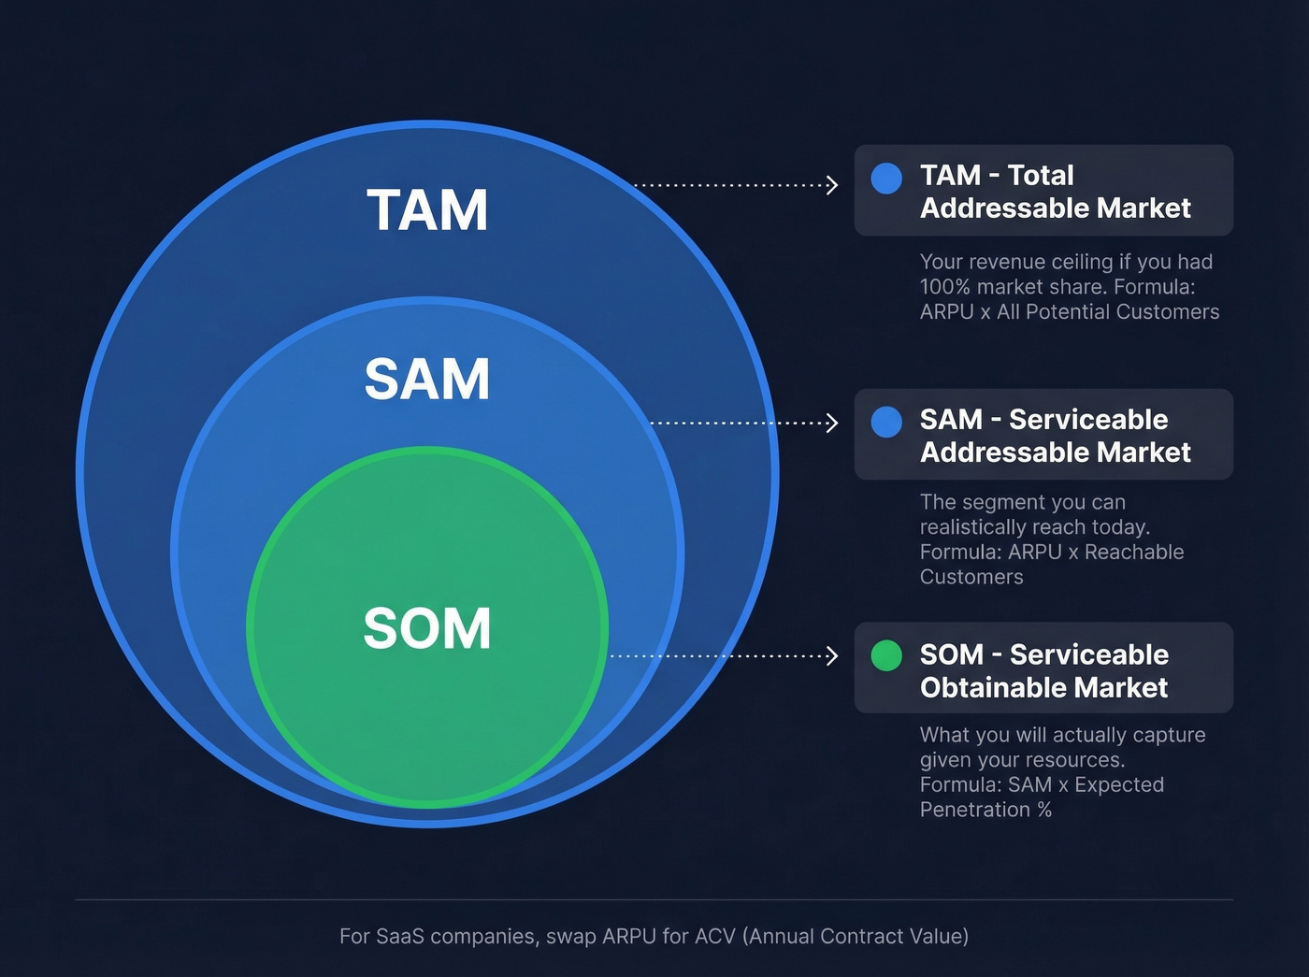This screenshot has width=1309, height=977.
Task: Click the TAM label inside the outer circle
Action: (x=427, y=210)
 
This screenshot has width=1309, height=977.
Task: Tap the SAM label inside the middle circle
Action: (x=427, y=379)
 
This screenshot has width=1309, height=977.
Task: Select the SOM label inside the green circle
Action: (x=427, y=628)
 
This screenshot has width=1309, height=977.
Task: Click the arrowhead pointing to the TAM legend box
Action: (x=831, y=185)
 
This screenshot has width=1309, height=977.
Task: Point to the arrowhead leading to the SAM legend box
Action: (x=831, y=423)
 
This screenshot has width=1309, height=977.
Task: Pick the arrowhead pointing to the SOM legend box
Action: (x=831, y=655)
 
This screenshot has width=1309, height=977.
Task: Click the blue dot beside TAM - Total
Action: (x=886, y=178)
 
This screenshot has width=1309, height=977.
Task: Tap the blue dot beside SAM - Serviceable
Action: (x=886, y=422)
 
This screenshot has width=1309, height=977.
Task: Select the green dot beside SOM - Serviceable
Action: (x=886, y=655)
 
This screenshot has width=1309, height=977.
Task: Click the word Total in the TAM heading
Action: (x=1041, y=176)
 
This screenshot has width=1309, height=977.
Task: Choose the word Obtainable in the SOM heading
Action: (x=980, y=688)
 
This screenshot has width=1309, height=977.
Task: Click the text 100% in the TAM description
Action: (x=944, y=287)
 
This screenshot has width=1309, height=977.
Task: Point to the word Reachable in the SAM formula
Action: (x=1134, y=552)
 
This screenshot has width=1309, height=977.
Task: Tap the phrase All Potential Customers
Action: (x=1108, y=312)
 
